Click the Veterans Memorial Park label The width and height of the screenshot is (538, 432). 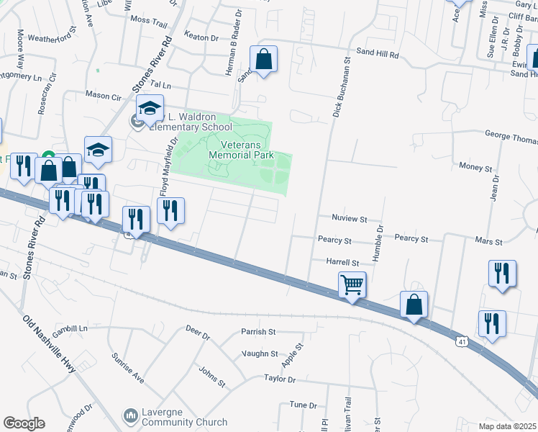click(x=241, y=149)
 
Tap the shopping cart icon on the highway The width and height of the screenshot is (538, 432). click(x=352, y=284)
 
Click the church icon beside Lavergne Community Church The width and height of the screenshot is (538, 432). click(x=130, y=416)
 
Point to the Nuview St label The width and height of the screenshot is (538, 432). click(x=350, y=218)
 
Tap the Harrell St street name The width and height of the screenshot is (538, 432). click(x=342, y=263)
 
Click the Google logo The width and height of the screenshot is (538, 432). click(x=24, y=423)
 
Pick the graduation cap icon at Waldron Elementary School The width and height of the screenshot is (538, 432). click(x=150, y=108)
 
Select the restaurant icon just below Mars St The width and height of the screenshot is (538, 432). click(x=502, y=273)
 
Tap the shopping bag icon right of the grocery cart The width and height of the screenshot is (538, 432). click(x=414, y=304)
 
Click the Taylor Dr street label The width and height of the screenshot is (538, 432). click(x=280, y=378)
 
